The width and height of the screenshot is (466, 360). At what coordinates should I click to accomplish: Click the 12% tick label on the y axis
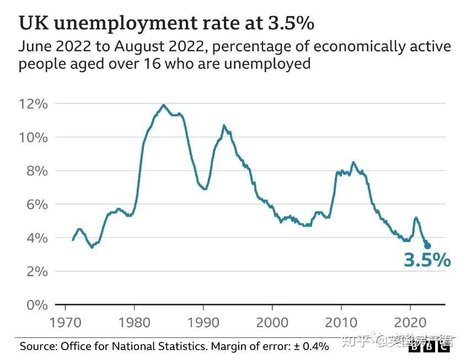(34, 104)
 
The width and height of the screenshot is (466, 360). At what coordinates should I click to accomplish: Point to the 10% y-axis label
(34, 137)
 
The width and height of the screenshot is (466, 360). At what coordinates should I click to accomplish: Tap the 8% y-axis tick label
(37, 171)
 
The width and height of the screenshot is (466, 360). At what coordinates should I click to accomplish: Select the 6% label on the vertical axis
(37, 205)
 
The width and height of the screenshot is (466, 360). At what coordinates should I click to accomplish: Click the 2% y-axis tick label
(37, 271)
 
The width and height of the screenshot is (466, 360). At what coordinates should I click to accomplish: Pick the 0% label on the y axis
(37, 305)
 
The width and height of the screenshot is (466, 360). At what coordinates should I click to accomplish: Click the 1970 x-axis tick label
(66, 321)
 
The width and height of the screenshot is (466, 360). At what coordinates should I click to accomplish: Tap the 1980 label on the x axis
(135, 321)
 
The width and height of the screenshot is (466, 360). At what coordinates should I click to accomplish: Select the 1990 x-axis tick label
(203, 321)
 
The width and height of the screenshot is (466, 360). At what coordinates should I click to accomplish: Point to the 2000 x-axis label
(272, 321)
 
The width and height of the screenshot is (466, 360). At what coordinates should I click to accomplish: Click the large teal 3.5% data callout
(427, 260)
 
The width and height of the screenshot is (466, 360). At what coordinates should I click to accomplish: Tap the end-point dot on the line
(427, 246)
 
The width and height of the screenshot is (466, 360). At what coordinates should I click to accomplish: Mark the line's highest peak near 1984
(163, 105)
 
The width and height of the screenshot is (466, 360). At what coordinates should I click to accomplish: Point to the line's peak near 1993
(224, 126)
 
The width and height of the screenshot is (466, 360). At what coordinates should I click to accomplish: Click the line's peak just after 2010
(353, 162)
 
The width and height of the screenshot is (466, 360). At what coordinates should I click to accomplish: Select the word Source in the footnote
(38, 346)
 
